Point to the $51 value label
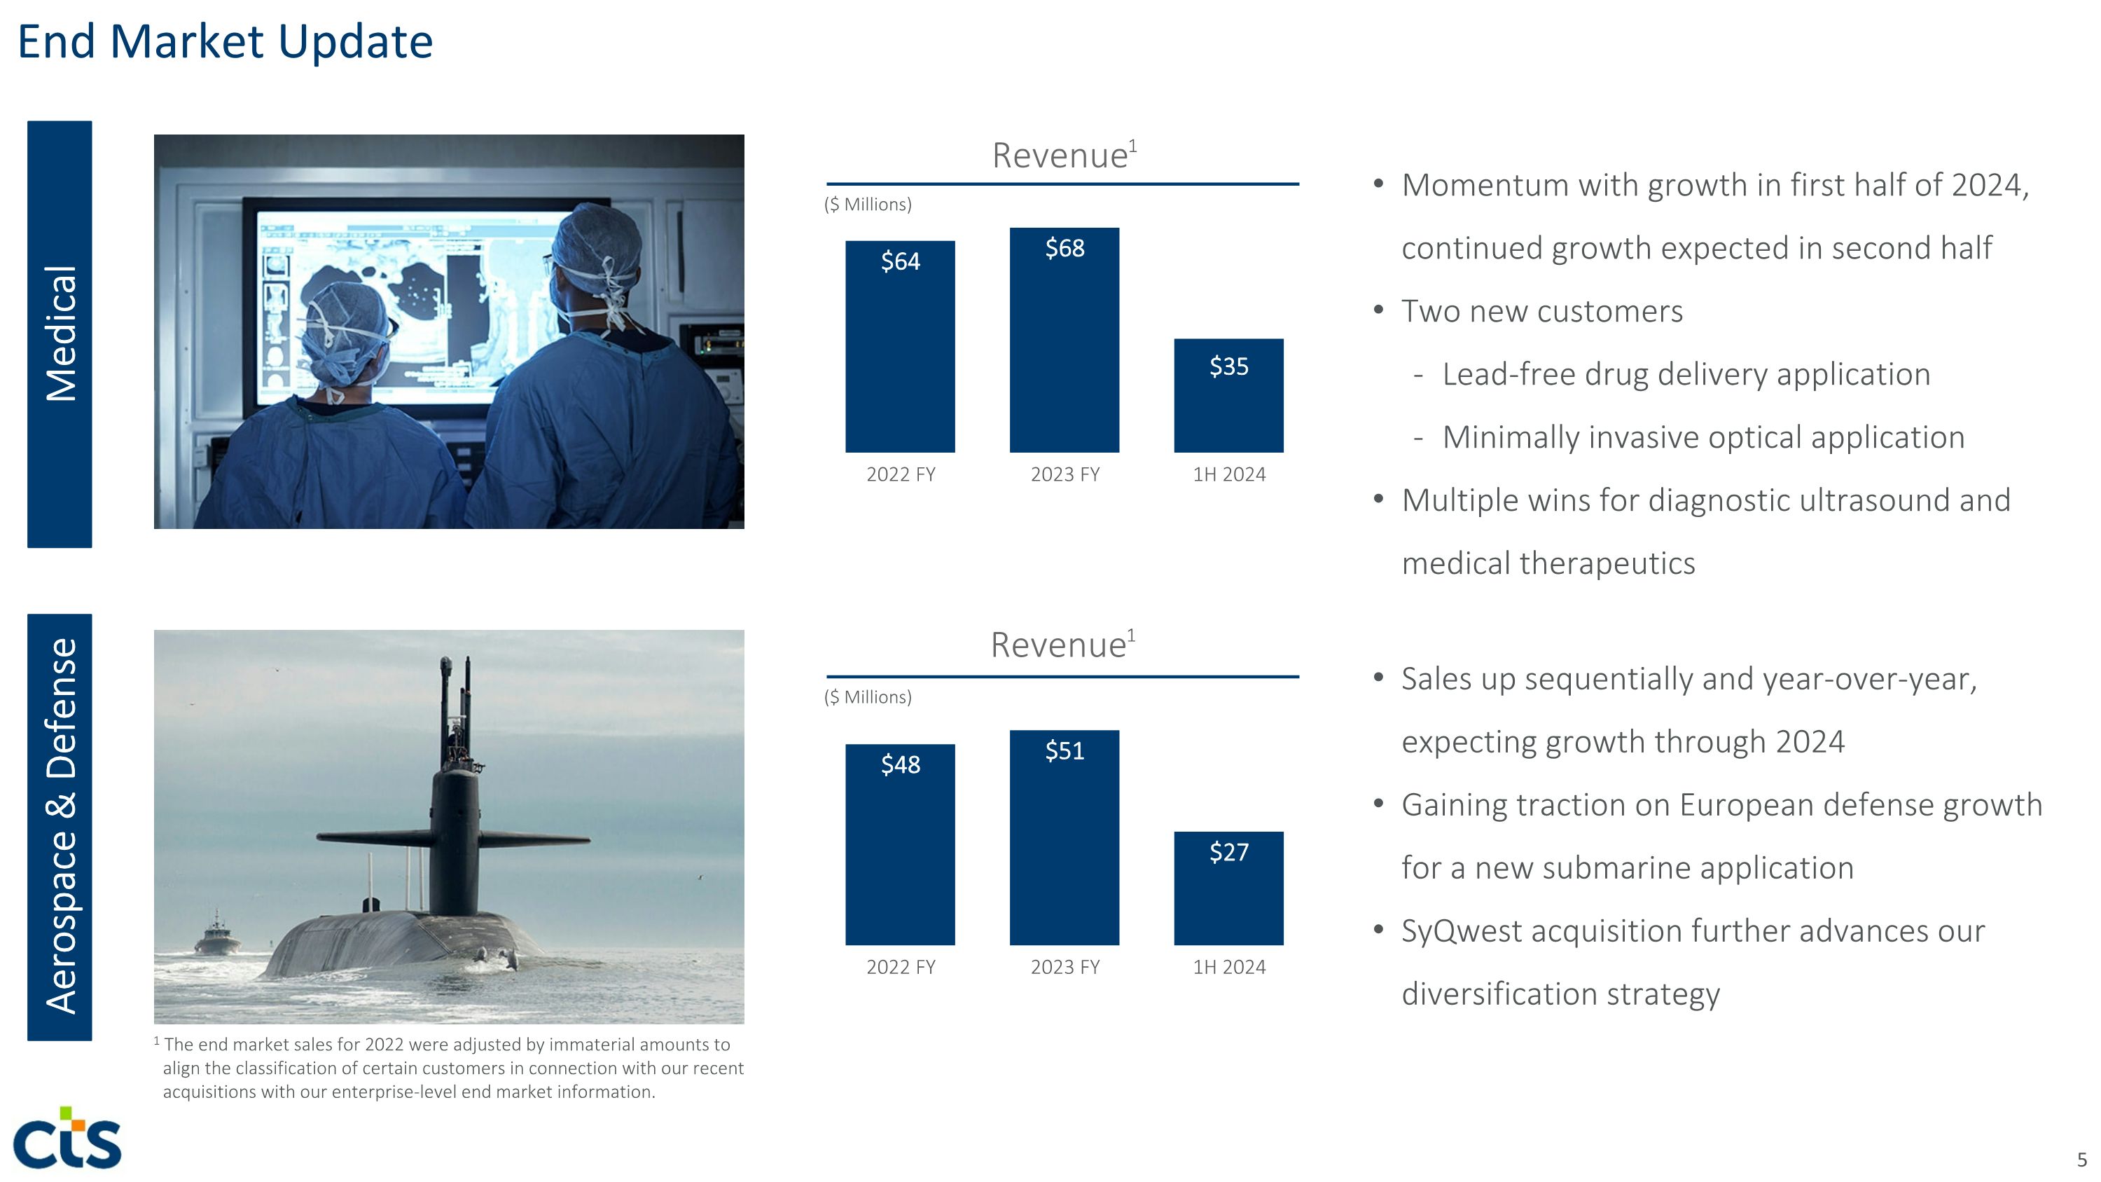tap(1065, 750)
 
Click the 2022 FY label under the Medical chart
tap(901, 475)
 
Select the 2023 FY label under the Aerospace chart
tap(1065, 968)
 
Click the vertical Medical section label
tap(60, 334)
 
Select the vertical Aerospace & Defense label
tap(60, 825)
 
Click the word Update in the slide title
tap(355, 43)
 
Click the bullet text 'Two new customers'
tap(1541, 312)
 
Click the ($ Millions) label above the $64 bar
tap(868, 205)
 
